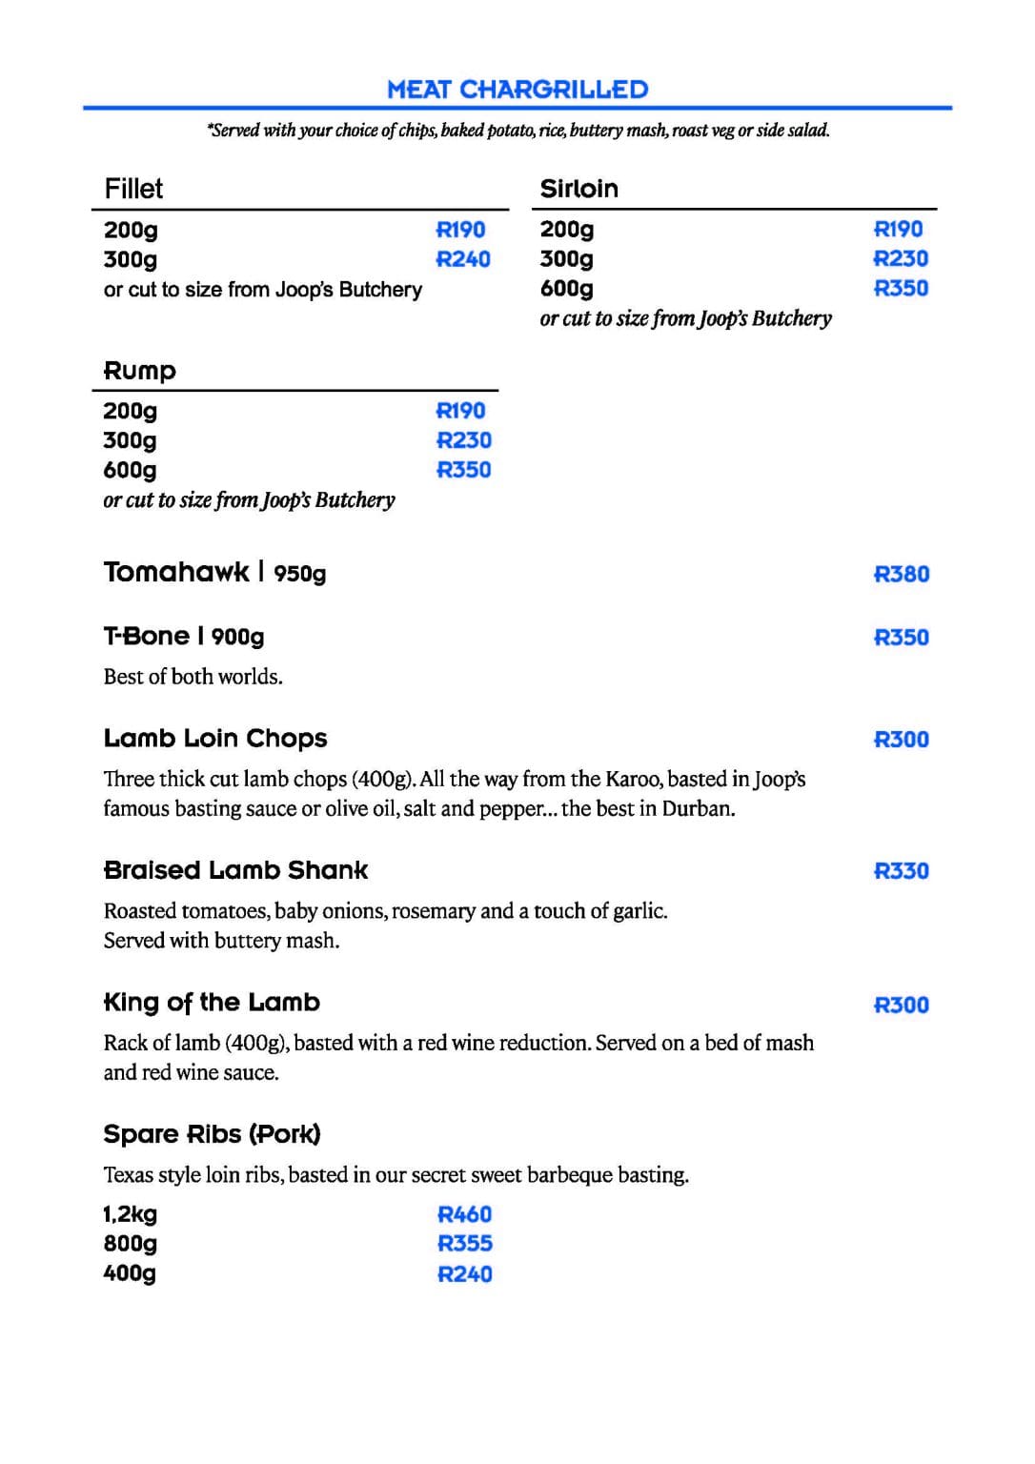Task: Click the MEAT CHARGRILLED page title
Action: [x=517, y=90]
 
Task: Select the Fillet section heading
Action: [x=133, y=189]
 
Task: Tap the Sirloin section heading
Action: [x=578, y=189]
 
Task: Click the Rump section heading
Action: [x=139, y=371]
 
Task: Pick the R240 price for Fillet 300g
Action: [x=463, y=259]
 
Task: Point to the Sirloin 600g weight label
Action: [x=566, y=288]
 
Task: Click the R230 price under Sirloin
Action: [x=901, y=258]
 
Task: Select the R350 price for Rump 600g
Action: [x=463, y=470]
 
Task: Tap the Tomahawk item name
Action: [x=176, y=572]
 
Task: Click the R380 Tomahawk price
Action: [x=902, y=574]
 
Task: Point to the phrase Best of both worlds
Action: [x=193, y=677]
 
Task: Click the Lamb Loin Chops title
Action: [x=215, y=739]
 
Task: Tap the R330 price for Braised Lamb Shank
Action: [x=902, y=871]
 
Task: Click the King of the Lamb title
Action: [x=212, y=1003]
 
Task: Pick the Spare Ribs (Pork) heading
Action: [x=212, y=1134]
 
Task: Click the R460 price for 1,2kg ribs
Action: [x=465, y=1214]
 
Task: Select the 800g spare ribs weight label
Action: [x=131, y=1244]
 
